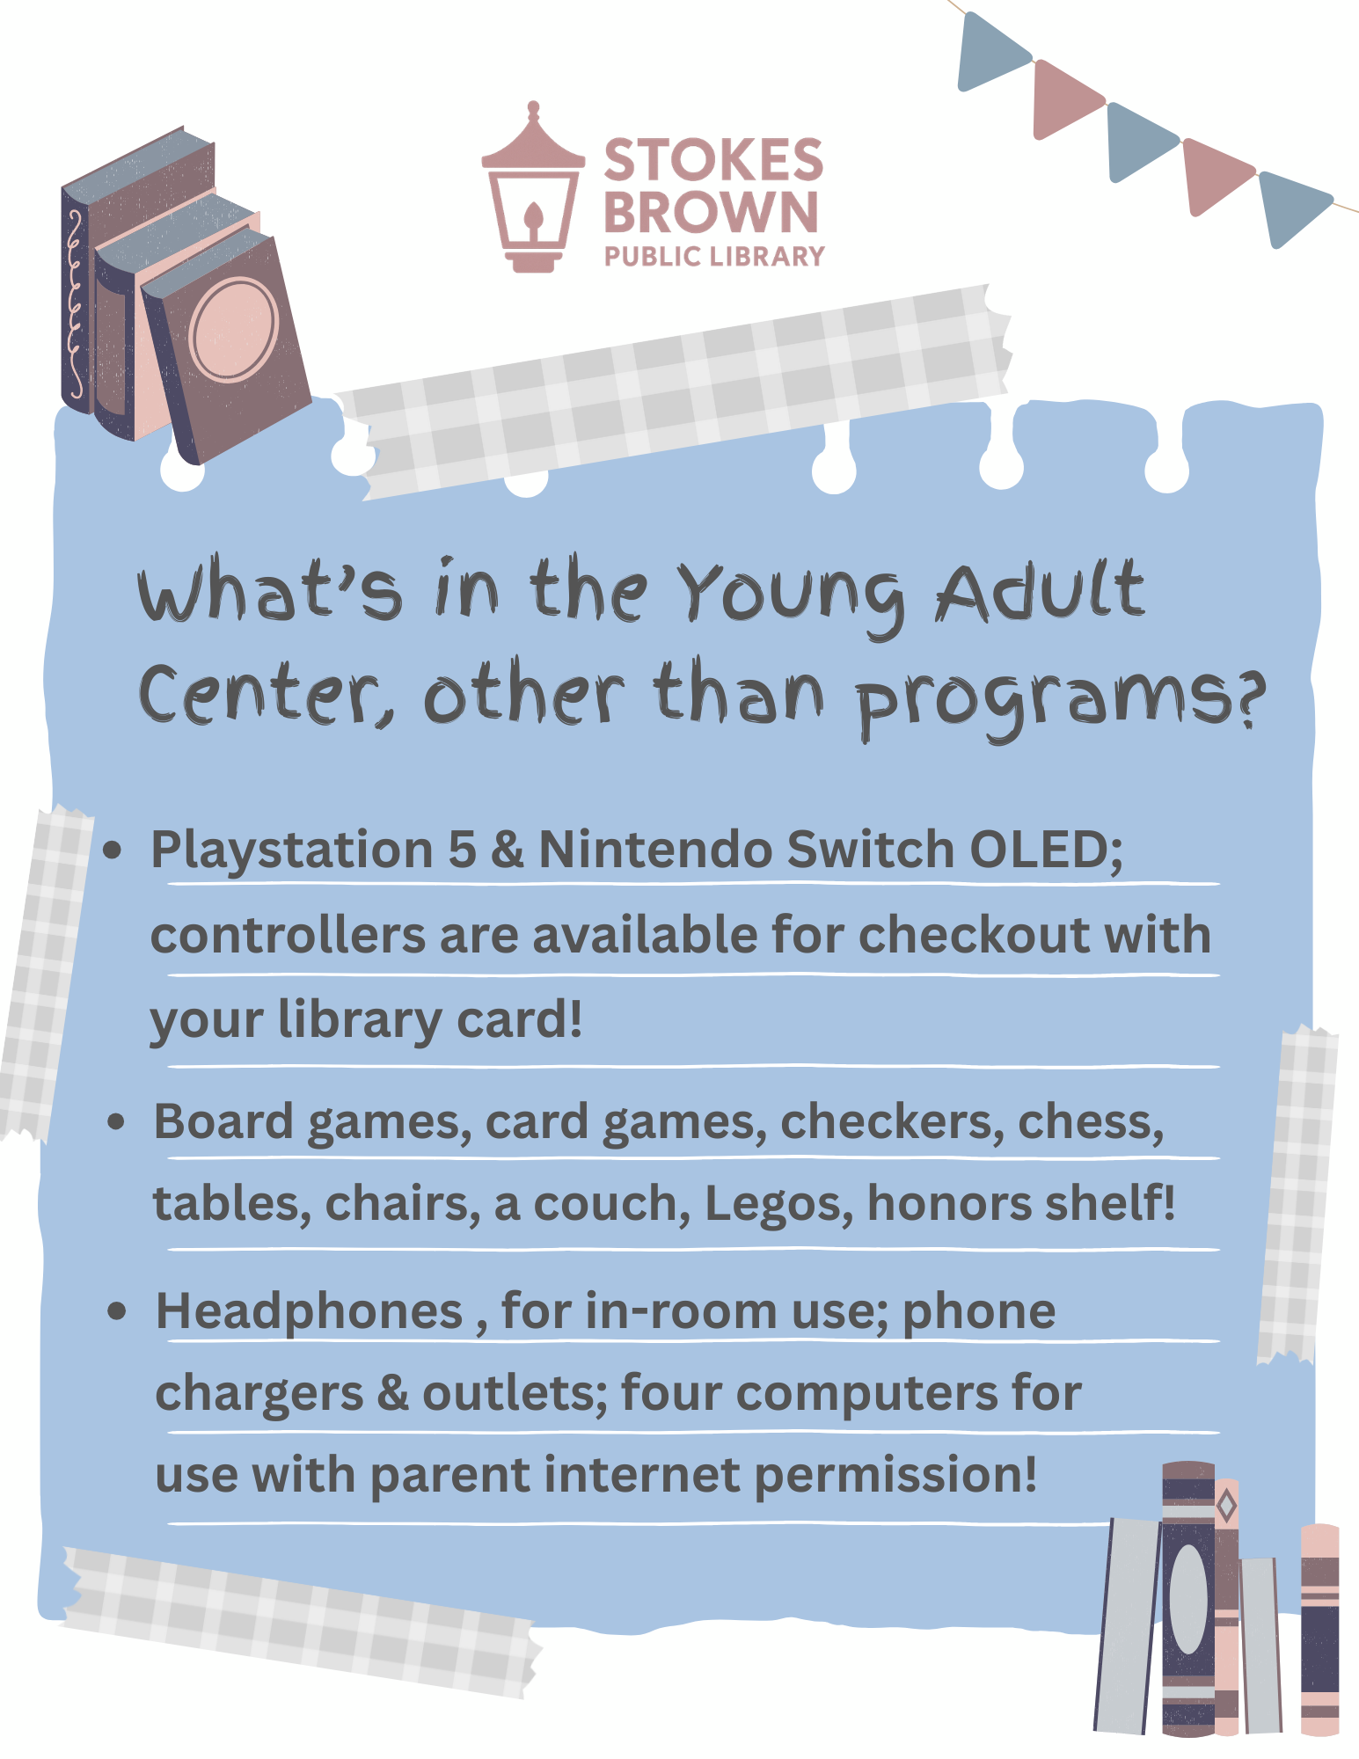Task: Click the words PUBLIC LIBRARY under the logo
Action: coord(714,257)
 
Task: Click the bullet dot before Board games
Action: coord(115,1122)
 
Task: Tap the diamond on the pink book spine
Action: coord(1226,1506)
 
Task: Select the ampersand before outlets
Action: coord(393,1394)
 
